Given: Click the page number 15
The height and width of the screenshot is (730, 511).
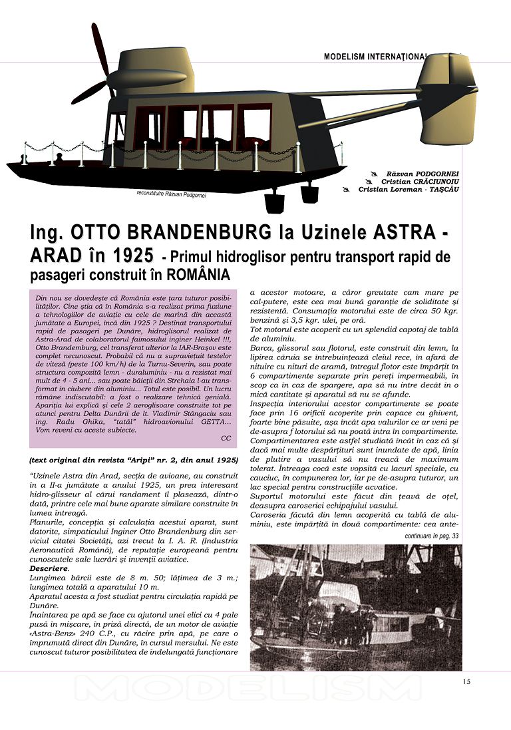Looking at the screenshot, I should tap(466, 681).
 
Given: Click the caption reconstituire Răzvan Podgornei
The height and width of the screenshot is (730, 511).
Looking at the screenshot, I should tap(171, 194).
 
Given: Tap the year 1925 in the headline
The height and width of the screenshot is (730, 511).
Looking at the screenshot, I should tap(129, 256).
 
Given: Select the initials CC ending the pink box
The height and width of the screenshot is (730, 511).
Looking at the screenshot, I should tap(226, 438).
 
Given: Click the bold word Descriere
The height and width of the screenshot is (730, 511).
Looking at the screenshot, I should tap(49, 570).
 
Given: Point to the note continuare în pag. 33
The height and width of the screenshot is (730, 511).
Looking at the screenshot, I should tap(432, 536).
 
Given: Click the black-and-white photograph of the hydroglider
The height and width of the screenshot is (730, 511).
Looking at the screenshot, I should tap(356, 607).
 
